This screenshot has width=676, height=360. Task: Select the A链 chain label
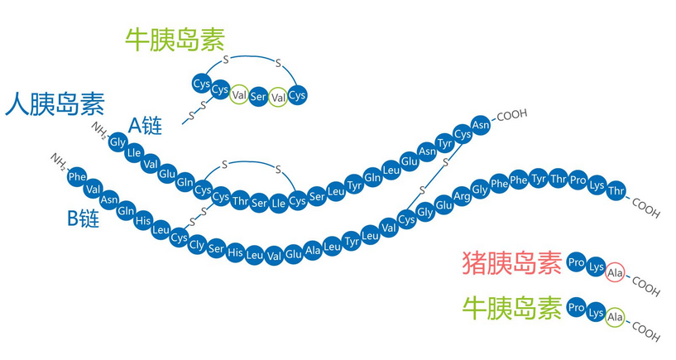pos(145,126)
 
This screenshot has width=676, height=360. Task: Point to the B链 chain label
pos(84,218)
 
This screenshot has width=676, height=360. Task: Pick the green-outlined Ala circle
pos(614,317)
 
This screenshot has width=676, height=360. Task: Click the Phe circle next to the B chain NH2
pos(77,177)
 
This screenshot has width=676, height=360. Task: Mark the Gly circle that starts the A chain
pos(117,142)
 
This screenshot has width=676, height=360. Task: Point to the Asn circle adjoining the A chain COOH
pos(481,125)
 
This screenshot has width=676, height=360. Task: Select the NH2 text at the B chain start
pos(59,159)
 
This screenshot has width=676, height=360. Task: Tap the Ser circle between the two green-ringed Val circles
pos(258,96)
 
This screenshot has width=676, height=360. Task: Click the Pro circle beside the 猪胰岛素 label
pos(576,263)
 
